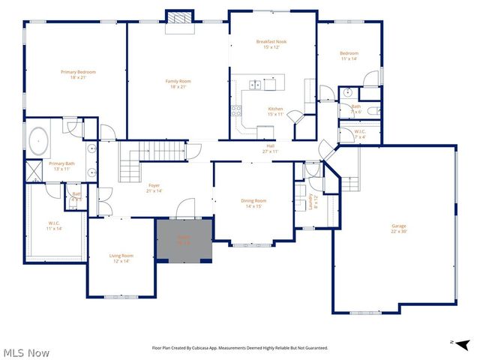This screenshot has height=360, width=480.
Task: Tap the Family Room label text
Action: point(178,83)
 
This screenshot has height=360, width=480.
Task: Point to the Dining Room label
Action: point(253,203)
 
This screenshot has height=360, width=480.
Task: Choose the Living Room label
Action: point(121,259)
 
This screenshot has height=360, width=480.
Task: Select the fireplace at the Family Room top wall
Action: point(179,19)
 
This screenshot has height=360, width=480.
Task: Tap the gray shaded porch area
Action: point(184,240)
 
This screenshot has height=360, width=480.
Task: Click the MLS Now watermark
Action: point(26,352)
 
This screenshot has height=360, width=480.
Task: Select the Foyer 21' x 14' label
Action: point(154,187)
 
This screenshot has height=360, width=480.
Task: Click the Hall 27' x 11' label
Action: point(270,148)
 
